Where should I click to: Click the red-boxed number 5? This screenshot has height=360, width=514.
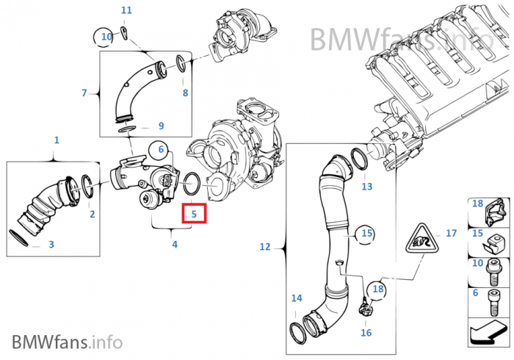195,214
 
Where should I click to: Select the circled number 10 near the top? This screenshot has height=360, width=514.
107,36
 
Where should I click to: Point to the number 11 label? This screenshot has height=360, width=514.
126,10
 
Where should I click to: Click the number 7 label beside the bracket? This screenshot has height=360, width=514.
84,93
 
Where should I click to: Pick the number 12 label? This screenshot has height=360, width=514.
265,248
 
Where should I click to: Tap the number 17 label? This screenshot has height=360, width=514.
451,234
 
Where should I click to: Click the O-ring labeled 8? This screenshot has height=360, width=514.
184,69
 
